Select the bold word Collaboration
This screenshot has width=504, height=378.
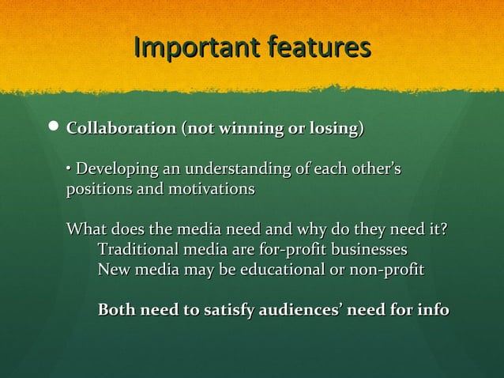121,128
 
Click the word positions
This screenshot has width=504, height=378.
96,190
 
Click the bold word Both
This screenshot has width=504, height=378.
116,310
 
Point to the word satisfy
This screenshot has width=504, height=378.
215,310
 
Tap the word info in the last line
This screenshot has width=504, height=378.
433,310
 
